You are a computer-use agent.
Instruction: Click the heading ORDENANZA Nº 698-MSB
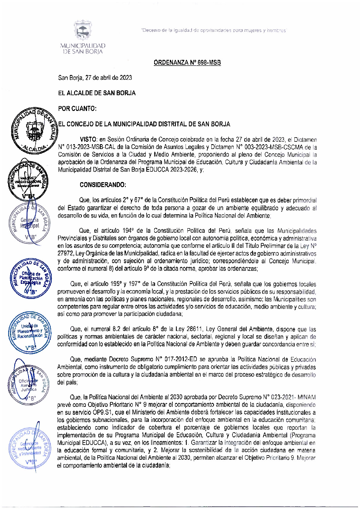tap(187, 63)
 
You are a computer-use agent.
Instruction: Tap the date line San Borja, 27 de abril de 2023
tap(95, 78)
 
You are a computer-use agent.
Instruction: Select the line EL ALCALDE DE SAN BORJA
tap(97, 93)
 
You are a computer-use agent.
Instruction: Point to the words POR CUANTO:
tap(77, 109)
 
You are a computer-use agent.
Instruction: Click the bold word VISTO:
tap(88, 140)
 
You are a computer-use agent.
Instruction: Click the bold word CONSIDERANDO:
tap(103, 185)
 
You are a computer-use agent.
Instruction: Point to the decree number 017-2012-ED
tap(180, 359)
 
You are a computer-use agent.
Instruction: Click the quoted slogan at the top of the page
tap(214, 30)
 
